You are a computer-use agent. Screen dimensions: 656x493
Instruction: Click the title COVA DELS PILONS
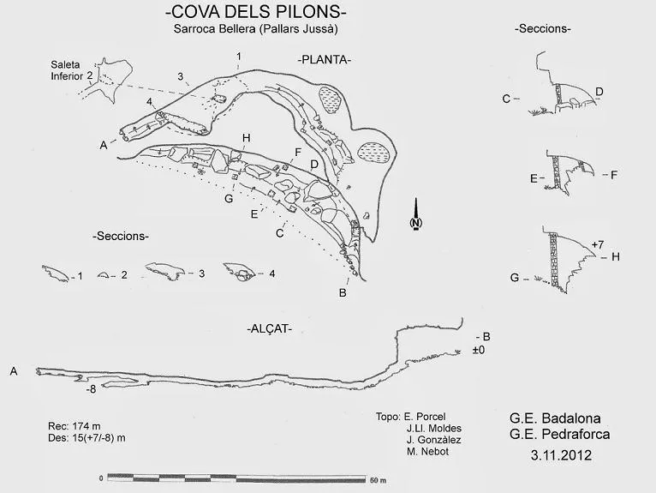(255, 12)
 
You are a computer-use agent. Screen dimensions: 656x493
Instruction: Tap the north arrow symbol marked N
(415, 213)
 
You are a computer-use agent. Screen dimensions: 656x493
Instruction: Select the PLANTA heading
(325, 60)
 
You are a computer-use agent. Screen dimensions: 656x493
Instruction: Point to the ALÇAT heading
(269, 328)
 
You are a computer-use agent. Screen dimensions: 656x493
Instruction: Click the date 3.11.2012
(561, 455)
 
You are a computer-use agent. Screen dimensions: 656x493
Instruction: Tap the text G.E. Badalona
(555, 418)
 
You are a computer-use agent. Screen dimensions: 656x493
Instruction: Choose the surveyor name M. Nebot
(427, 452)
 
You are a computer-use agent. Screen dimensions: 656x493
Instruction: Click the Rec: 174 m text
(75, 426)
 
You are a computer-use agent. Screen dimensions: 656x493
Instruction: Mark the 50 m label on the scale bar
(378, 480)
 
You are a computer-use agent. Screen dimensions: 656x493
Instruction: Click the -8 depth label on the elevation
(91, 389)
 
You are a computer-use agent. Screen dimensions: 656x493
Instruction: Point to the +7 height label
(598, 244)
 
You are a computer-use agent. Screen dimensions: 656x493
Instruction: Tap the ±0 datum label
(479, 350)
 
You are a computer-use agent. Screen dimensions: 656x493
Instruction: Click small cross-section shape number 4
(240, 273)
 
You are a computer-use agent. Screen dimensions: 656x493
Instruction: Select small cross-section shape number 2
(103, 275)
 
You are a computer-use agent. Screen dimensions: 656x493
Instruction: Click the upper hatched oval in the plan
(331, 99)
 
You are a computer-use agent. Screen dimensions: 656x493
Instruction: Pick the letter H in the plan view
(246, 138)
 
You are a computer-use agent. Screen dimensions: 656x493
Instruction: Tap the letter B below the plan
(343, 293)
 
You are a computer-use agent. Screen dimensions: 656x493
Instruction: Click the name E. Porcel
(424, 417)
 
